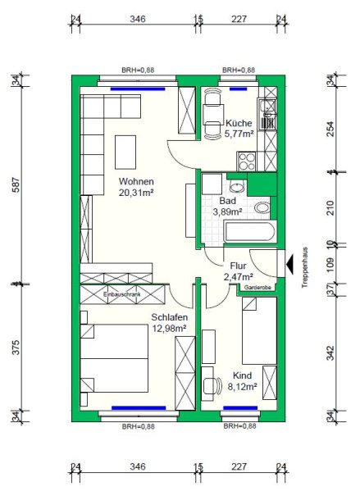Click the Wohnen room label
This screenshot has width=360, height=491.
[136, 182]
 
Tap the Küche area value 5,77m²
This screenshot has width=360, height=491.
[239, 134]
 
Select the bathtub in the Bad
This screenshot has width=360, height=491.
[250, 231]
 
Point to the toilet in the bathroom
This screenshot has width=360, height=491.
[262, 208]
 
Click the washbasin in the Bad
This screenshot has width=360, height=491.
[238, 187]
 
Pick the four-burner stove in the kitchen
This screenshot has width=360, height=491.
[247, 161]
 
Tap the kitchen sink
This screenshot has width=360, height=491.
[267, 114]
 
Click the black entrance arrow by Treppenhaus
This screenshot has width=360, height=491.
[289, 264]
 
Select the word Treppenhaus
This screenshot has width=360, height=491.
[305, 268]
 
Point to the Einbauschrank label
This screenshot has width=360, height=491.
[122, 294]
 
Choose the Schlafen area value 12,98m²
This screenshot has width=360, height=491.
[169, 329]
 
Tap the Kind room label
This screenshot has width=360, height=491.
[242, 375]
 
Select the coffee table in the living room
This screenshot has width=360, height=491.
[125, 152]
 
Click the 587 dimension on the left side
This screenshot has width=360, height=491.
[16, 184]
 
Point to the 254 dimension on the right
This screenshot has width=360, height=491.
[330, 129]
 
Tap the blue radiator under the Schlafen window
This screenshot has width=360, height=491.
[139, 408]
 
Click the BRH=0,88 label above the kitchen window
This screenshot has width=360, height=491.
[239, 70]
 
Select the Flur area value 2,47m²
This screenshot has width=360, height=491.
[239, 277]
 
